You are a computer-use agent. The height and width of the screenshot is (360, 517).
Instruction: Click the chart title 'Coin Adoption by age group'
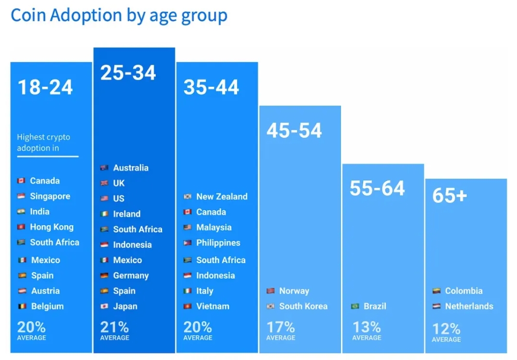[119, 16]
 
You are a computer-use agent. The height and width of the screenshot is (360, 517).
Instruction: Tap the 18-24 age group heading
[45, 87]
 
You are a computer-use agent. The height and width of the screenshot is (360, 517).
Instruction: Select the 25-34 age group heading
[128, 73]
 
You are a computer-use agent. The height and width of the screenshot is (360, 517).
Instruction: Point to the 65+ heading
[449, 196]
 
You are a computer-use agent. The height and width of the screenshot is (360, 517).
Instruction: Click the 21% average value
[114, 327]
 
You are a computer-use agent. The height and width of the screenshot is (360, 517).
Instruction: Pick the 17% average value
[281, 327]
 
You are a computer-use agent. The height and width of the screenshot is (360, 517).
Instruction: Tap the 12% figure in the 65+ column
[446, 329]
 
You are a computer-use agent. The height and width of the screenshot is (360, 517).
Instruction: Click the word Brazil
[375, 306]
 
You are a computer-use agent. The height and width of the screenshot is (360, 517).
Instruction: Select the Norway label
[294, 291]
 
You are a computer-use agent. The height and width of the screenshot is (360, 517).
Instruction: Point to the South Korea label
[303, 306]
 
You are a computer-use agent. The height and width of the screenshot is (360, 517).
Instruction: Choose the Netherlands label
[469, 306]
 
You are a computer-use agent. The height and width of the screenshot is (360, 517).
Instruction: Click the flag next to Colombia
[436, 291]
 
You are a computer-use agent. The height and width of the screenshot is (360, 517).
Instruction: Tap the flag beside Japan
[104, 307]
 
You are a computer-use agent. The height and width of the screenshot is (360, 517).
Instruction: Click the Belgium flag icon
[21, 307]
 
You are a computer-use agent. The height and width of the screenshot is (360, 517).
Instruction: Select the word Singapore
[50, 196]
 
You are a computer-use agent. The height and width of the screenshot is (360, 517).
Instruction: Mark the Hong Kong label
[52, 227]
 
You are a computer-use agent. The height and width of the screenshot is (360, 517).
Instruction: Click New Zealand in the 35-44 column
[221, 197]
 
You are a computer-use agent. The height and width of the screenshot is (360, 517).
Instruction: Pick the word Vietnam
[213, 306]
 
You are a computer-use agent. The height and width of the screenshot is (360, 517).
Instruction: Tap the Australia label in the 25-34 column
[131, 168]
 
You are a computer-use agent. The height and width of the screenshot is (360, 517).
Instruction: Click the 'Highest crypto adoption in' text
[43, 142]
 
